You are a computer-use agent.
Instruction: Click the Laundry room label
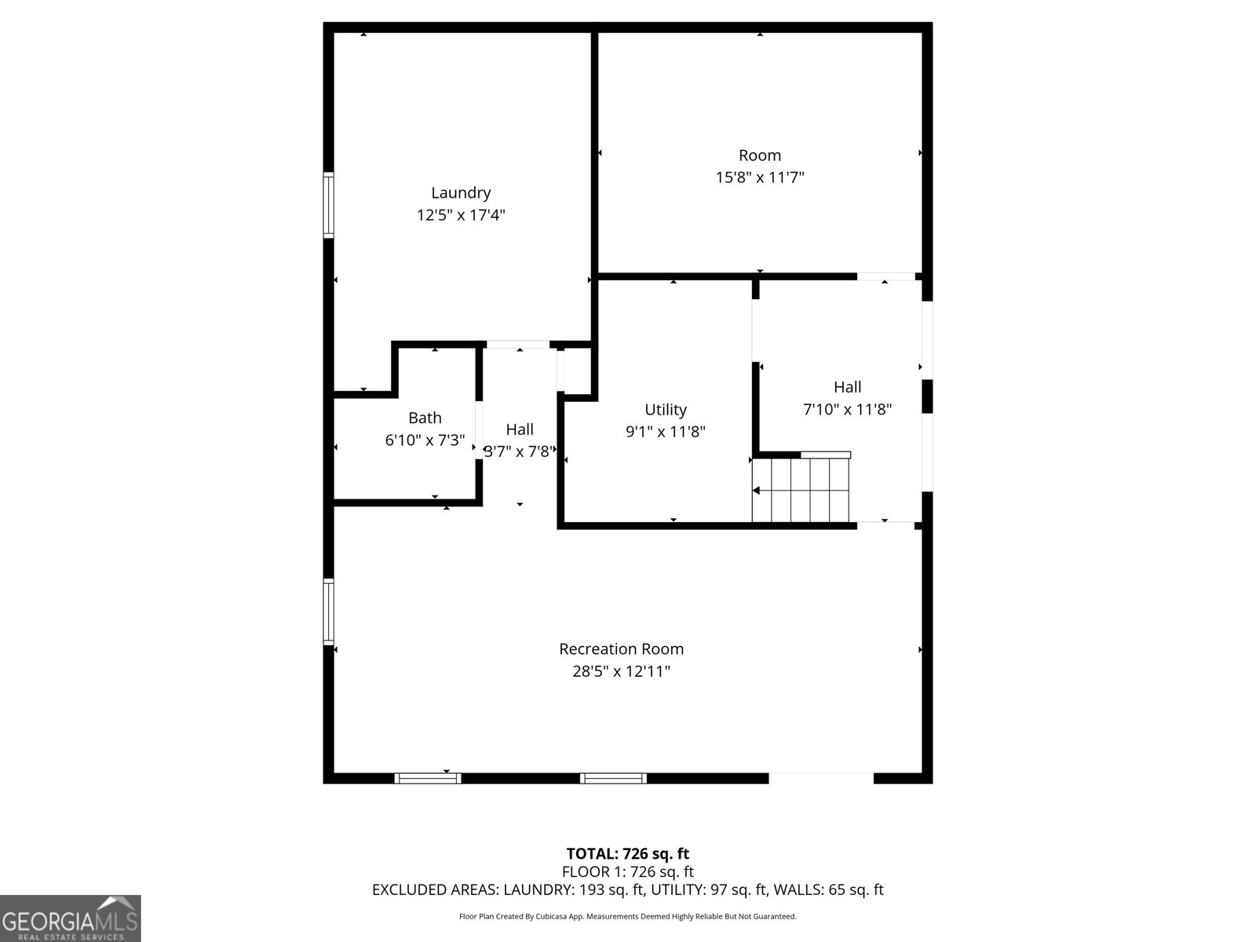[461, 192]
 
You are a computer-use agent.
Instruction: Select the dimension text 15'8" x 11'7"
[759, 177]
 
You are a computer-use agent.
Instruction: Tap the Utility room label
[666, 409]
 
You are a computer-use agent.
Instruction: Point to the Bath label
[425, 418]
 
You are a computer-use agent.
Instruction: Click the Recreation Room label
[621, 649]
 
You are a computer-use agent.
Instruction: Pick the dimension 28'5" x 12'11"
[621, 671]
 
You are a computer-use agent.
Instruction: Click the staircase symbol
[801, 490]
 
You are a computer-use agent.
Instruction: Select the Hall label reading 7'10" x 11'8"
[847, 387]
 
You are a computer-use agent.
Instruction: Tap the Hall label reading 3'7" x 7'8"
[520, 429]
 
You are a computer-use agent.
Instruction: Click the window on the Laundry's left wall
[328, 205]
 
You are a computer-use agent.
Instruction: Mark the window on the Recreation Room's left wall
[328, 612]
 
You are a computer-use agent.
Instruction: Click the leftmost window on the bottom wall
[427, 778]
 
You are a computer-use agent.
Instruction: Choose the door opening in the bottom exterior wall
[820, 778]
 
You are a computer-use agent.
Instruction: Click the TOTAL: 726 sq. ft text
[627, 853]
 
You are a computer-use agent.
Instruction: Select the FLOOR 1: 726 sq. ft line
[627, 871]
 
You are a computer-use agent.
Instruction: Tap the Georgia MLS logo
[70, 918]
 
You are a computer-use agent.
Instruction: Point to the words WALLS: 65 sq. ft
[828, 890]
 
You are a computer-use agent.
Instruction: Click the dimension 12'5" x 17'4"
[461, 215]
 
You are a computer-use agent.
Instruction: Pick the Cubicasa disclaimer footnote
[627, 916]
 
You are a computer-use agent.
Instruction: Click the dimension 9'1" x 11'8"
[666, 432]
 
